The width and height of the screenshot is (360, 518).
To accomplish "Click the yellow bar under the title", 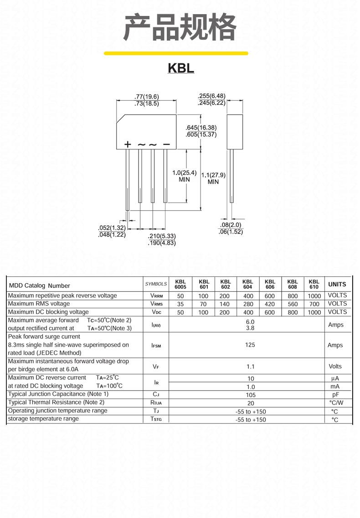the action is click(176, 53).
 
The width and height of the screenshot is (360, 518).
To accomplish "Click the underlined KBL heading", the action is click(180, 68).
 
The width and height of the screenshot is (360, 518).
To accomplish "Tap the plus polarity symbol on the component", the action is click(128, 144).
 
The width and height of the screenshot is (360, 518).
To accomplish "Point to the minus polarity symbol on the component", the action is click(166, 144).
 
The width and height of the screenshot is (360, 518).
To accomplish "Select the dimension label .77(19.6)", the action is click(147, 97).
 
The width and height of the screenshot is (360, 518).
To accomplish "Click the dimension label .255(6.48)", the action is click(212, 96).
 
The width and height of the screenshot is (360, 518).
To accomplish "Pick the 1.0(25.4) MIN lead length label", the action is click(184, 176).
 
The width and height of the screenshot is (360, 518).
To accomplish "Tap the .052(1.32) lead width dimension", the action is click(112, 228).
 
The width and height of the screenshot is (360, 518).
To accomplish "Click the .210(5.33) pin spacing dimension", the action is click(162, 236).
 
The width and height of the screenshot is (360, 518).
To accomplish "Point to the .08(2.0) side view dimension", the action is click(231, 225).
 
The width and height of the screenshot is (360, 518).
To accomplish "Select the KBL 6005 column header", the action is click(180, 284).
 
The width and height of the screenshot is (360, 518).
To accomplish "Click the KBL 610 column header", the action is click(314, 284).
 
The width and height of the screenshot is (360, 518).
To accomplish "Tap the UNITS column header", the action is click(337, 284).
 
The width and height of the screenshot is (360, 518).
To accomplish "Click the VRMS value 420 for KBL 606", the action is click(269, 304).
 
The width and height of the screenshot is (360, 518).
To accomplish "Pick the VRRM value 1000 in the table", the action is click(314, 296).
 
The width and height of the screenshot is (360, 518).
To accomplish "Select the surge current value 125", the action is click(250, 345).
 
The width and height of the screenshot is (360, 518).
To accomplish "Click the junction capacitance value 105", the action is click(251, 395).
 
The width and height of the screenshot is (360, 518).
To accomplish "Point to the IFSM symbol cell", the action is click(156, 346).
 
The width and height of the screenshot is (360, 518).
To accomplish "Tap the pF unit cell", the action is click(335, 394).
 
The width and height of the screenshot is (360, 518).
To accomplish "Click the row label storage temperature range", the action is click(43, 419).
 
